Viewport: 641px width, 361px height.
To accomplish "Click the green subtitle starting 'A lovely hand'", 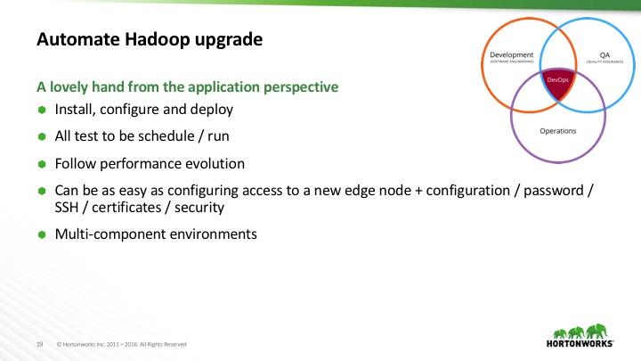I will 187,87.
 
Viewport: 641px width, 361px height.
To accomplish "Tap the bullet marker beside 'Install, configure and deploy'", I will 41,111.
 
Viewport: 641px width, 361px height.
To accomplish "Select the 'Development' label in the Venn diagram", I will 512,55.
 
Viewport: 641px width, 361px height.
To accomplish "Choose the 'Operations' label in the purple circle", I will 558,131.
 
